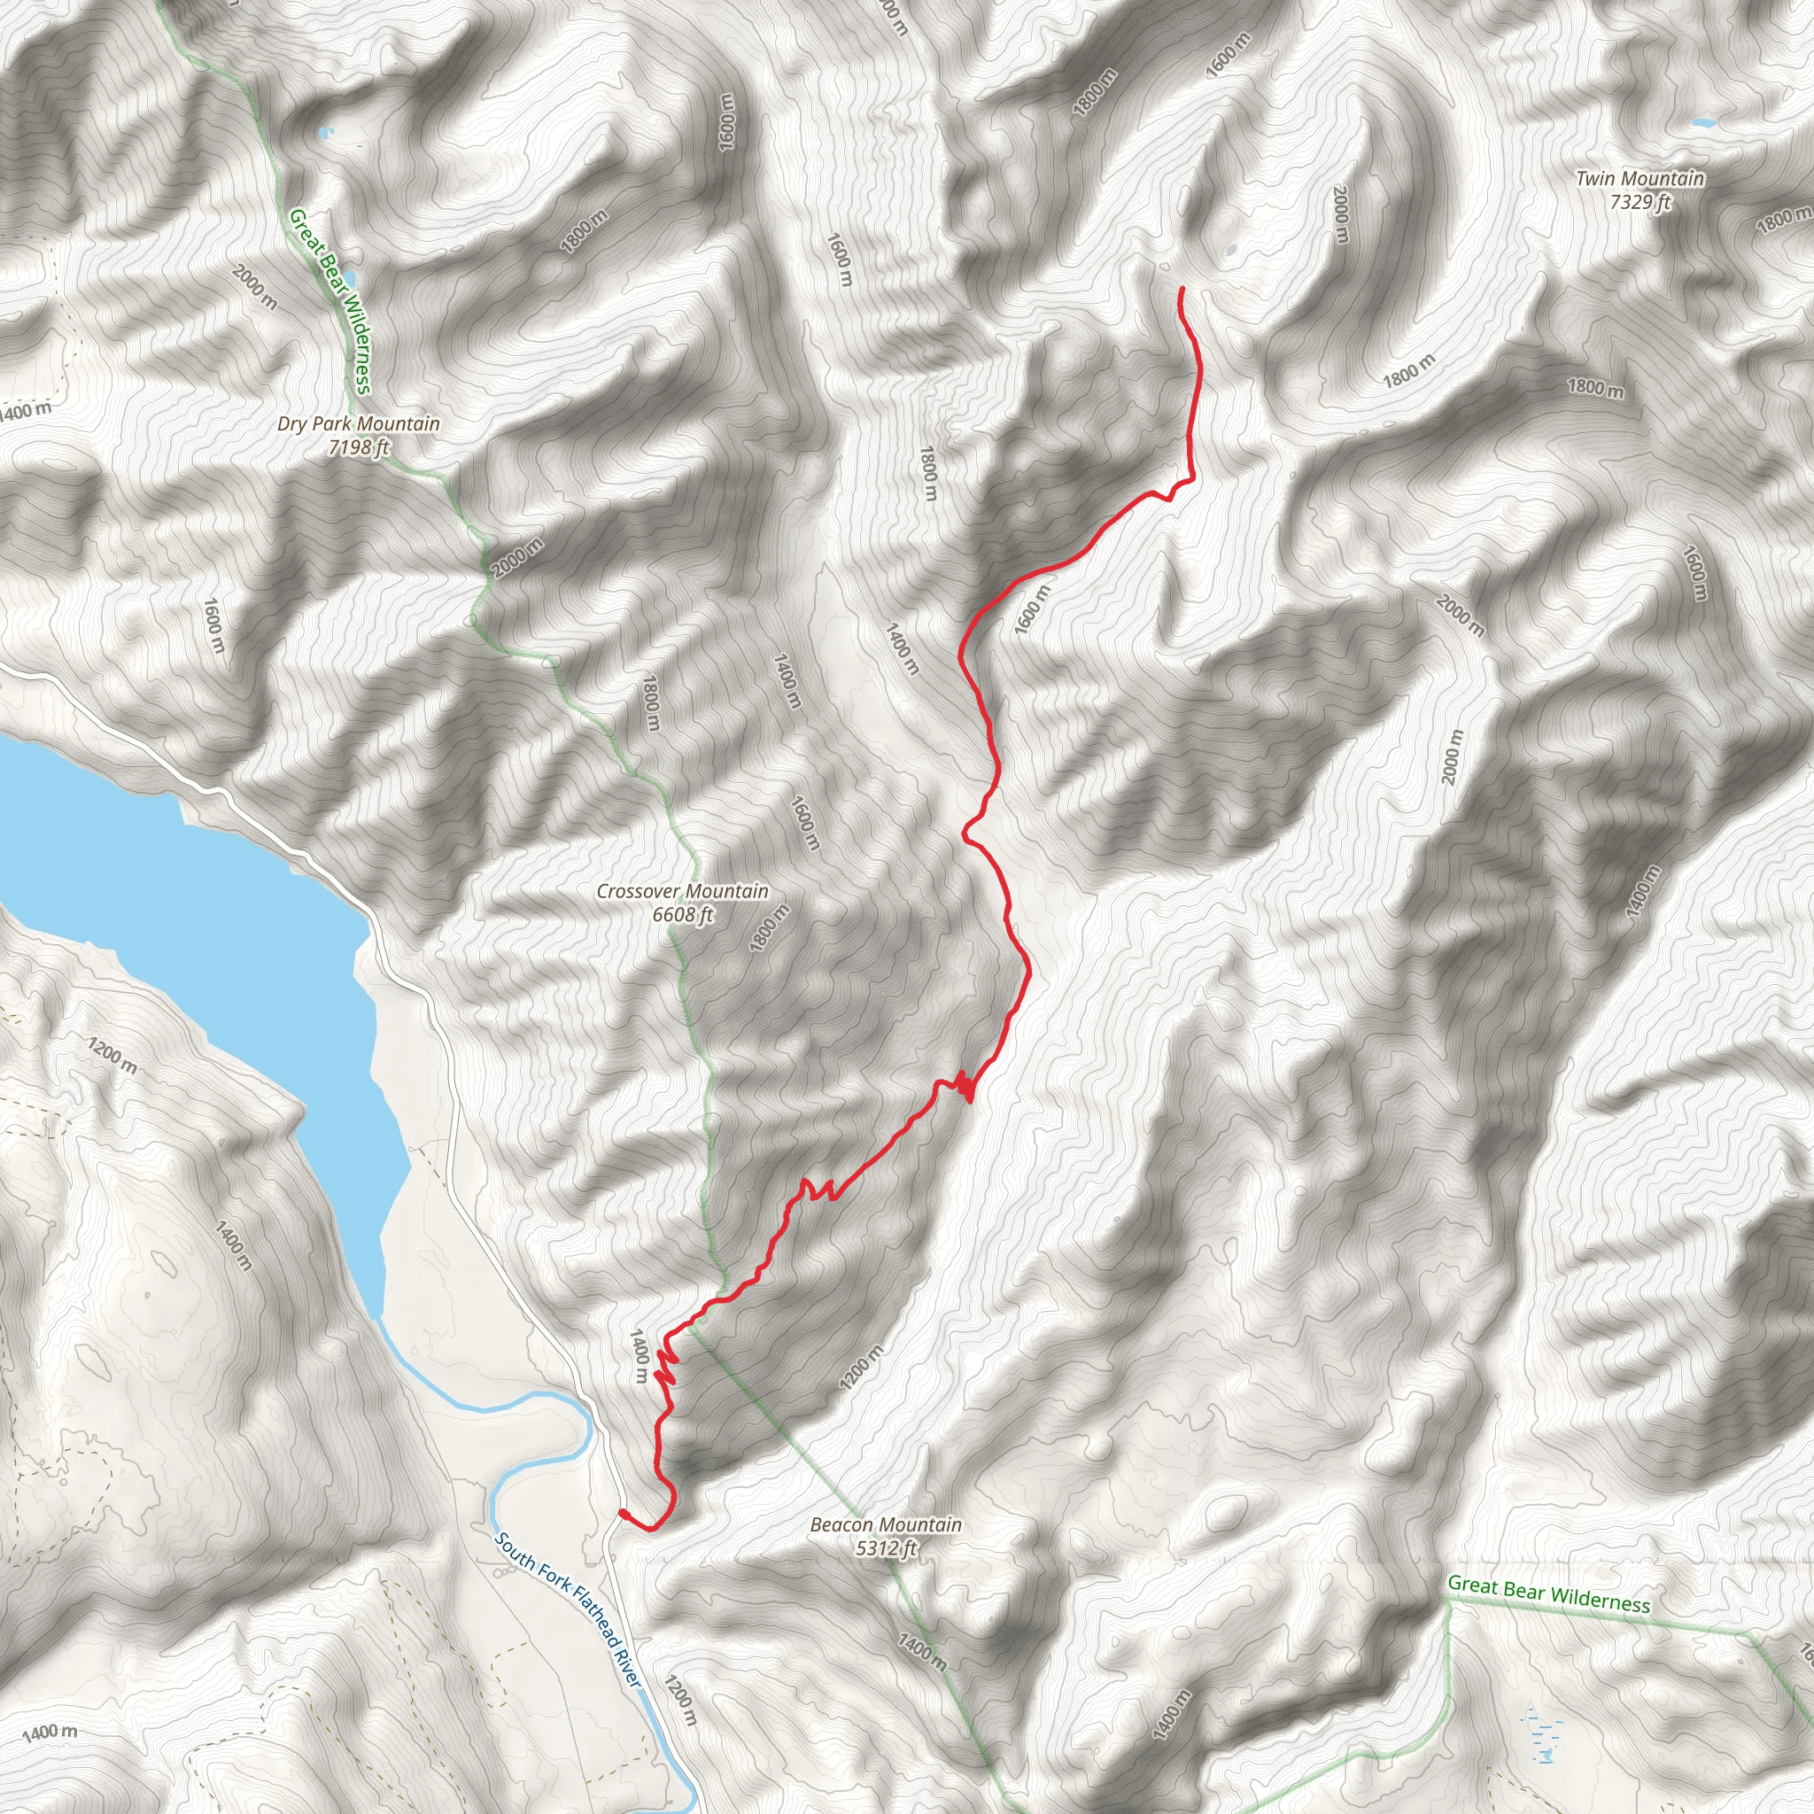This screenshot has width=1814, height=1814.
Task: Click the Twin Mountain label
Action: (x=1640, y=178)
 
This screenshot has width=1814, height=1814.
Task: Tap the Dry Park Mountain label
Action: (x=359, y=423)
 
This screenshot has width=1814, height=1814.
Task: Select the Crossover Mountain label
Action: (x=683, y=891)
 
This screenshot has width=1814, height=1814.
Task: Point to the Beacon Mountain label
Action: (x=886, y=1525)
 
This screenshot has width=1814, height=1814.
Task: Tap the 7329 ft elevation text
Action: (x=1640, y=202)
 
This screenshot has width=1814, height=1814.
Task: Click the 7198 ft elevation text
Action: (x=359, y=447)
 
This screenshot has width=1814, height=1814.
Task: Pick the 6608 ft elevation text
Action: (x=683, y=914)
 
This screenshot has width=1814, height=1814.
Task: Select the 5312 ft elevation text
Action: (x=886, y=1547)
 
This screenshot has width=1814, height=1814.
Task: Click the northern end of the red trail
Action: (x=1180, y=289)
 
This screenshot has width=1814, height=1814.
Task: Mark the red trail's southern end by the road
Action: (x=623, y=1513)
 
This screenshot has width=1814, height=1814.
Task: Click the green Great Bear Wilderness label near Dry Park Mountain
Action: (x=330, y=301)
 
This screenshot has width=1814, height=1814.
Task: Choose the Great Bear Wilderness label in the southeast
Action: (x=1548, y=1593)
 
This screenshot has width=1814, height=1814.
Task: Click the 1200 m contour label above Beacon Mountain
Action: (x=861, y=1367)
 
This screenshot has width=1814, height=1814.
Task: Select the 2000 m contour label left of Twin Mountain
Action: (x=1341, y=214)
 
